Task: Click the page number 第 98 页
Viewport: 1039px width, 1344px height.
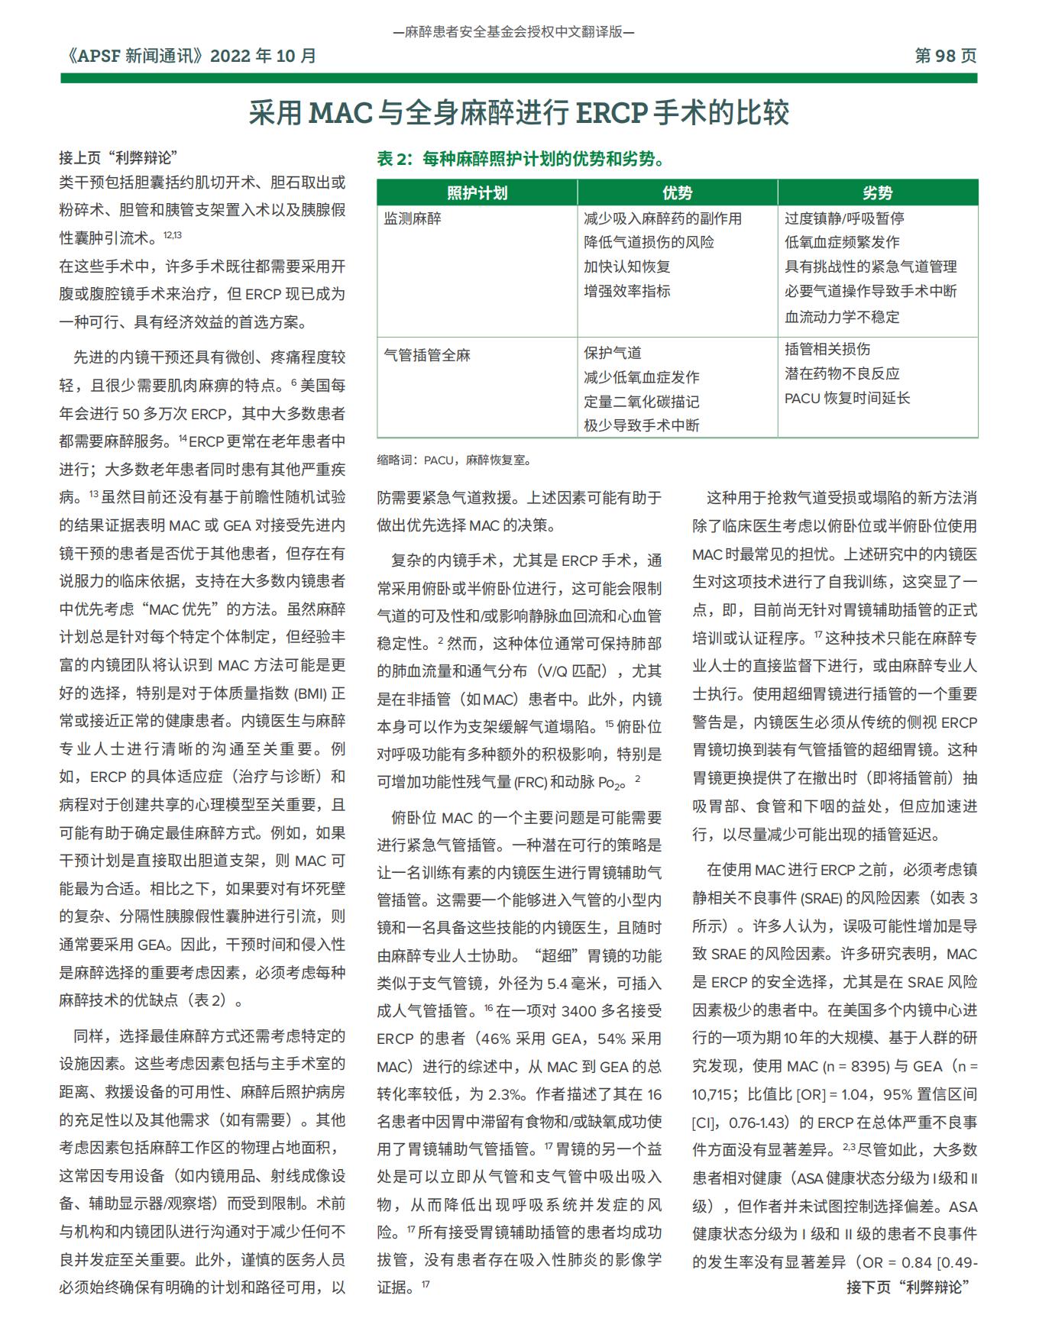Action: pos(945,56)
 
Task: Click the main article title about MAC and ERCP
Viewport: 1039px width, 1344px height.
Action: pos(519,113)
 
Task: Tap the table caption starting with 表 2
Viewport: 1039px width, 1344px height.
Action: pos(520,159)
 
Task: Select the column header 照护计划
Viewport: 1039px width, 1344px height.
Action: pos(477,193)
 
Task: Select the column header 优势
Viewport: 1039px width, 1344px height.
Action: pos(677,193)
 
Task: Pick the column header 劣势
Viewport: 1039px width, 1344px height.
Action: pos(877,193)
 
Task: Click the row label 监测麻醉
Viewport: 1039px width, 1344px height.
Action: pos(413,218)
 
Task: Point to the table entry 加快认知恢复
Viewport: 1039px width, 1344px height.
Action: pos(627,267)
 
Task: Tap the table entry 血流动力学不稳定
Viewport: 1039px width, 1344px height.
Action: pos(842,317)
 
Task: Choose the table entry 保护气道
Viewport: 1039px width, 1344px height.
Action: pos(613,353)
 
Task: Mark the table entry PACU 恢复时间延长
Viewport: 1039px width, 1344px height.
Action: pos(847,398)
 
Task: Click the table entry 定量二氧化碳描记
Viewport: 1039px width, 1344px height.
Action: pos(642,402)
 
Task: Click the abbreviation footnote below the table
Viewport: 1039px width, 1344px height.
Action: pos(455,460)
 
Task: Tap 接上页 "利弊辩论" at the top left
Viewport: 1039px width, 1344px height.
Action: pos(118,158)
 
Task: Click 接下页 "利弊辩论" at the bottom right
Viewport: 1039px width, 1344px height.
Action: pos(908,1287)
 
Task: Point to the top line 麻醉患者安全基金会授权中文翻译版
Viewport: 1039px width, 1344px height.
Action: pos(513,32)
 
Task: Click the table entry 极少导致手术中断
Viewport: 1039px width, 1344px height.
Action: pos(642,425)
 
